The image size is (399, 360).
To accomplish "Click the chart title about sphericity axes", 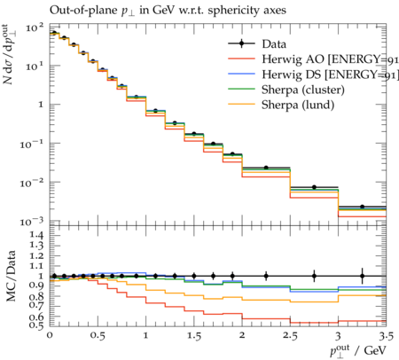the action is point(168,11).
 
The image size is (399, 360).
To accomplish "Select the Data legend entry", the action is point(257,43).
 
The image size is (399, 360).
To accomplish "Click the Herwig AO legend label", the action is point(330,59).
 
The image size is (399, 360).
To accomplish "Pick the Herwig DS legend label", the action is point(330,74).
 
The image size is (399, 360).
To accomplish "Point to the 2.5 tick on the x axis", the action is point(290,336).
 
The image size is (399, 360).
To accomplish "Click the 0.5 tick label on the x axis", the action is point(98,336).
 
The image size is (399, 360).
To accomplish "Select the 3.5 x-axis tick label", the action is point(386,336).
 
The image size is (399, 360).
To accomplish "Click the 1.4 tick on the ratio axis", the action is point(35,235).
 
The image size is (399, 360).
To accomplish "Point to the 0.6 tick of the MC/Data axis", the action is point(35,317).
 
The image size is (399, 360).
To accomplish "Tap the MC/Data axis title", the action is point(11,276).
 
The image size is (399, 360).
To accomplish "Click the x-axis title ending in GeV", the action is point(357,351).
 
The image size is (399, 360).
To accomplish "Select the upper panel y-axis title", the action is point(10,55).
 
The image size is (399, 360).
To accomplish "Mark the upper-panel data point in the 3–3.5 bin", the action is point(362,207).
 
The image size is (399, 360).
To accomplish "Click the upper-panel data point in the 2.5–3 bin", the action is point(314,187).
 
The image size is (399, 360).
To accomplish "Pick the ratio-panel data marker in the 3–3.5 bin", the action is point(362,276).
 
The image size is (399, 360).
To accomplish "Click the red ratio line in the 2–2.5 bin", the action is point(266,318).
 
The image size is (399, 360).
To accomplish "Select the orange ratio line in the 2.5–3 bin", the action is point(314,301).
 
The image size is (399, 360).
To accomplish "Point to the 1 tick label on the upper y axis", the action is point(42,105).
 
